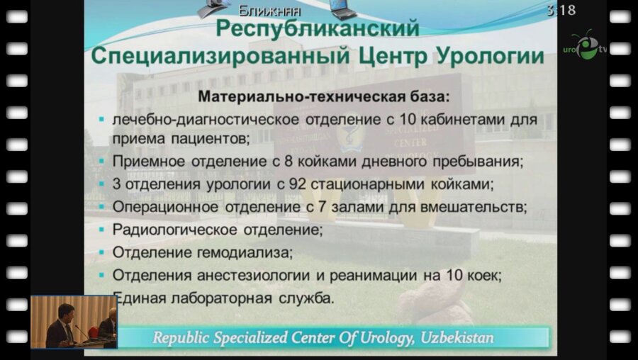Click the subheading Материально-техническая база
point(324,94)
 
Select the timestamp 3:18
point(561,10)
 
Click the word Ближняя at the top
point(270,10)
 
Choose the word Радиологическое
point(168,230)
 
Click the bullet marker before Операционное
point(103,208)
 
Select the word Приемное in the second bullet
point(143,161)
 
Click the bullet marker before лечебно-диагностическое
point(103,116)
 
